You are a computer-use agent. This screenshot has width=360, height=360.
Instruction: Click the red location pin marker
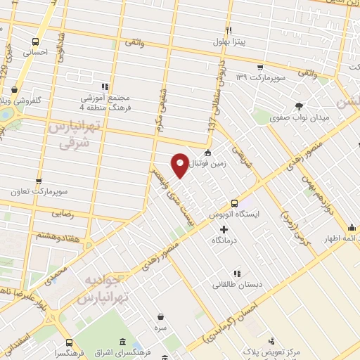(180, 165)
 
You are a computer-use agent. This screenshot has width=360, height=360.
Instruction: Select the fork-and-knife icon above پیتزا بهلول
(229, 30)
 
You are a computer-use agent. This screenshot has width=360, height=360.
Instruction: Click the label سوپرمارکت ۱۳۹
(262, 75)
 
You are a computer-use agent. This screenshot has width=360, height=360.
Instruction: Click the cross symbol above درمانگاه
(224, 229)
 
